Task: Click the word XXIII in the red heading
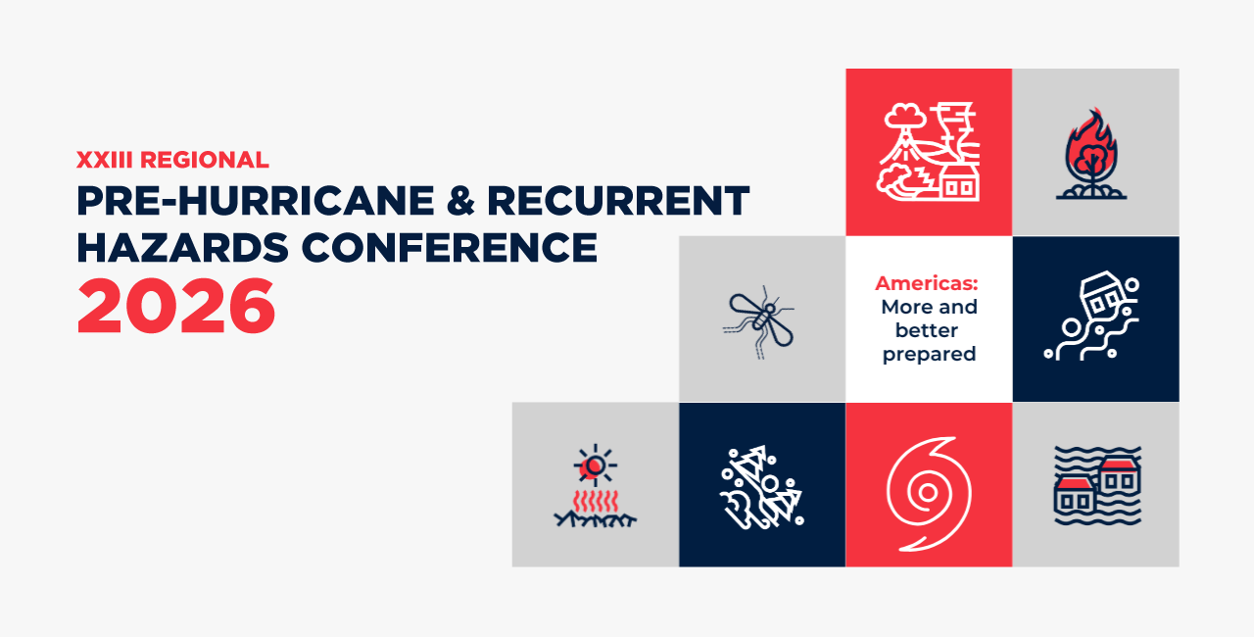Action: tap(105, 160)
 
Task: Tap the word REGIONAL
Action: tap(205, 160)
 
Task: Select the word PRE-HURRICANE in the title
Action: tap(256, 200)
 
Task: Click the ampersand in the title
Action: tap(460, 200)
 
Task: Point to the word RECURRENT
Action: tap(618, 200)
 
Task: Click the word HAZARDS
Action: tap(182, 247)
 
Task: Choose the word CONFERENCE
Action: tap(450, 247)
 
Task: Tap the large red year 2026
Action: tap(175, 306)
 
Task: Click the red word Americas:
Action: tap(927, 283)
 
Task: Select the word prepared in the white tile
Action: tap(930, 355)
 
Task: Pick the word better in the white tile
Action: tap(927, 330)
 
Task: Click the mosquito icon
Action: tap(758, 321)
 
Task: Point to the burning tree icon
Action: tap(1091, 154)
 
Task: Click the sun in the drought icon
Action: tap(595, 465)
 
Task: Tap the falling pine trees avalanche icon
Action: tap(762, 487)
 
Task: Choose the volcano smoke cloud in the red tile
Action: tap(904, 117)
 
